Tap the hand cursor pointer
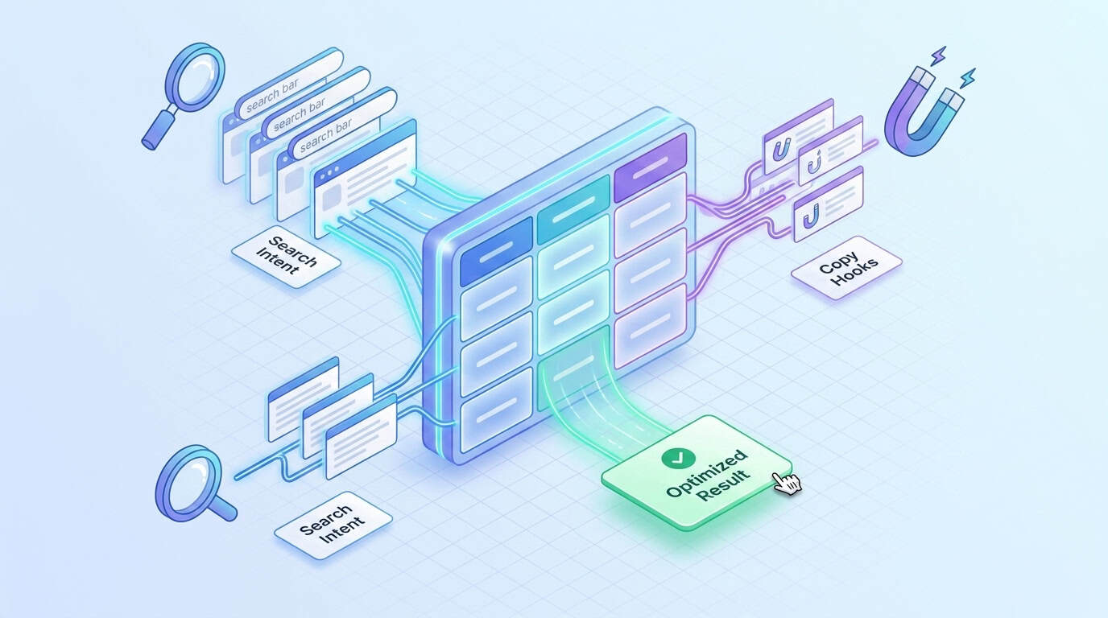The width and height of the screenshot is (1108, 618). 787,483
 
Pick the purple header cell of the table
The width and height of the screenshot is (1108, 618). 650,167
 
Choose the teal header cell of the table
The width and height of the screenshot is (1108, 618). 574,209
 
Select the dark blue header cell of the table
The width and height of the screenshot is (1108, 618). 496,251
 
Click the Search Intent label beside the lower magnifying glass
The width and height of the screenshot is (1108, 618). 333,525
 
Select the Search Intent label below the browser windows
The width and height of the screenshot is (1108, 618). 286,256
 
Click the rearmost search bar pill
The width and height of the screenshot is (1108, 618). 289,83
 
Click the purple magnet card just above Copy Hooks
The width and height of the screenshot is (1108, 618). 828,204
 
